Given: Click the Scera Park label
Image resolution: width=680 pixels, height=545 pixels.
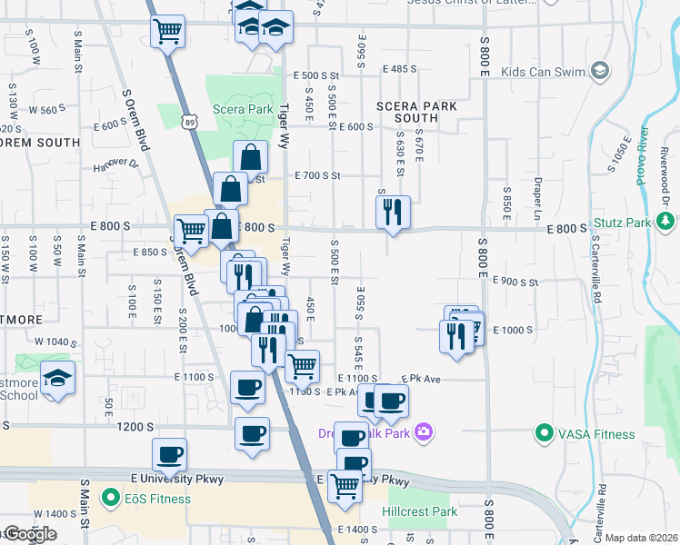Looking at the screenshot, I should [x=243, y=110].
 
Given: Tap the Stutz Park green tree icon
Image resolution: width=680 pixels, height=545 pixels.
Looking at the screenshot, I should [x=665, y=222].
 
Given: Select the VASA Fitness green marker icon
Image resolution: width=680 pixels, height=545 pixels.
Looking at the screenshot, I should [x=544, y=433].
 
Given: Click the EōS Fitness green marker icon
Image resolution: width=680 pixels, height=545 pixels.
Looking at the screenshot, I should [x=110, y=497].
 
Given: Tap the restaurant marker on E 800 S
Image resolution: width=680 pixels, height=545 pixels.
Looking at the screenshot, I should [x=393, y=213].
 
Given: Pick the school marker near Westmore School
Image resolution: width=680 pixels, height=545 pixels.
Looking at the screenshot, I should [x=57, y=377].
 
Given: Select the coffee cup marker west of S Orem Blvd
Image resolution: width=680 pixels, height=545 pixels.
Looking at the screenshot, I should [x=169, y=454].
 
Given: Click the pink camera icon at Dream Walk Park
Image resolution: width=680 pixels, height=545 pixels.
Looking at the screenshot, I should [x=423, y=432].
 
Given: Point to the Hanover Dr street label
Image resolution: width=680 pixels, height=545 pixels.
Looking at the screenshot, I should [x=115, y=165].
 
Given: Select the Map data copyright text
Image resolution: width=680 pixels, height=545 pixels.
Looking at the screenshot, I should [x=642, y=538].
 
